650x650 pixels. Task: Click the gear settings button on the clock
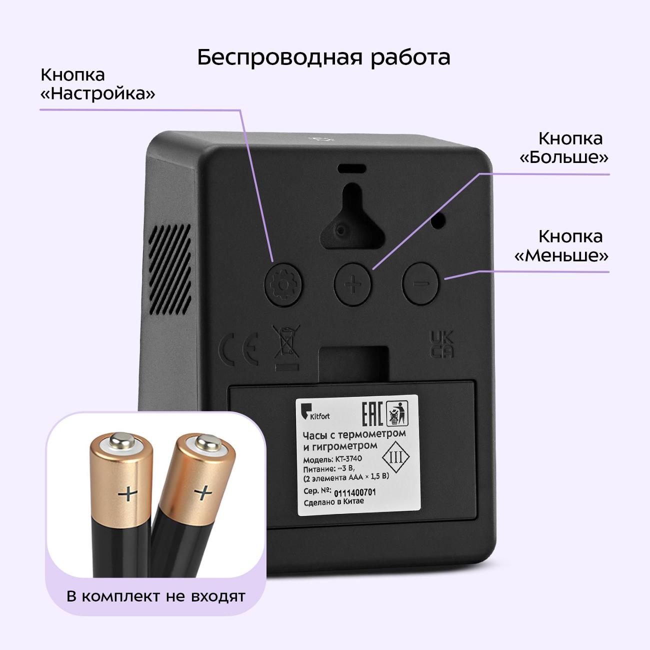[283, 285]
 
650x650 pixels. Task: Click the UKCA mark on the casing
[442, 344]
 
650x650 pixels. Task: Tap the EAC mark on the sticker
[372, 413]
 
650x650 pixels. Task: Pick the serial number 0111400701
[354, 492]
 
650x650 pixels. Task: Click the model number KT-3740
[348, 458]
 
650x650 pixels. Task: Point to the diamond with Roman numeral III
[395, 457]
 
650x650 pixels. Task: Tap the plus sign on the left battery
[127, 494]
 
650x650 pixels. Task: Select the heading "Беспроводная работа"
[323, 57]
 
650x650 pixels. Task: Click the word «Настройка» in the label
[97, 93]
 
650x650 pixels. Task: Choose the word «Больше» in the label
[564, 157]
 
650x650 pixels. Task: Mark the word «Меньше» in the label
[561, 255]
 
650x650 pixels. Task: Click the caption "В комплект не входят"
[156, 596]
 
